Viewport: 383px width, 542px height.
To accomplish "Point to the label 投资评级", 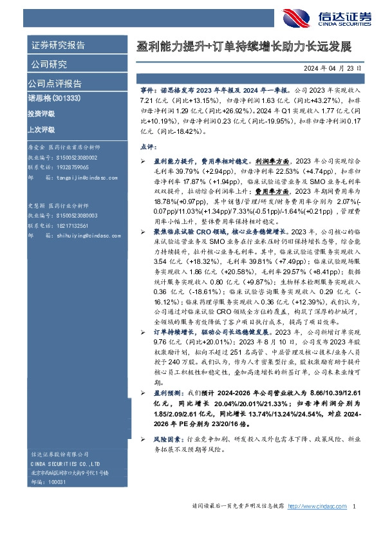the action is (x=41, y=114).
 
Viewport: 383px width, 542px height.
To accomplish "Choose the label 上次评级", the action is (x=41, y=129).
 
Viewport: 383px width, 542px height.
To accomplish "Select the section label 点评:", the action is (x=148, y=147).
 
